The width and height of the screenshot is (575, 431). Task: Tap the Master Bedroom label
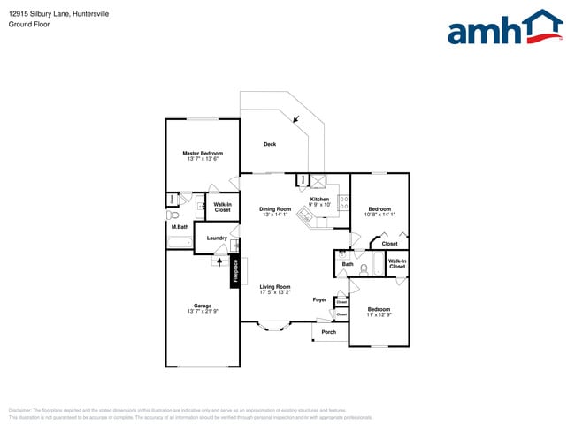(203, 153)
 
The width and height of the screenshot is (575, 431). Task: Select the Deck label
(270, 144)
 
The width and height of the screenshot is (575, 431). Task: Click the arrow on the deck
(297, 117)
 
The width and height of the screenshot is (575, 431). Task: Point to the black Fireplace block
(235, 270)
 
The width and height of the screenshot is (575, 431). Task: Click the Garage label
(203, 306)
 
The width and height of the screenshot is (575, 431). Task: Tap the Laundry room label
(217, 238)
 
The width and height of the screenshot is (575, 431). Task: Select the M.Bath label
(180, 227)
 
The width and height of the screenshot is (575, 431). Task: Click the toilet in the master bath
(173, 214)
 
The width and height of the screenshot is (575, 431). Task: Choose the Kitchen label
(319, 199)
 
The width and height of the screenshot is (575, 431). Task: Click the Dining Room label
(274, 209)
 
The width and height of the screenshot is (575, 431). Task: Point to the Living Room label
(274, 286)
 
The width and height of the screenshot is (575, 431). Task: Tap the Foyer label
(319, 299)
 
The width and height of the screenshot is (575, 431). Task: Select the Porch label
(328, 332)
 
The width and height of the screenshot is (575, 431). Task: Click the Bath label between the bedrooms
(348, 264)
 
